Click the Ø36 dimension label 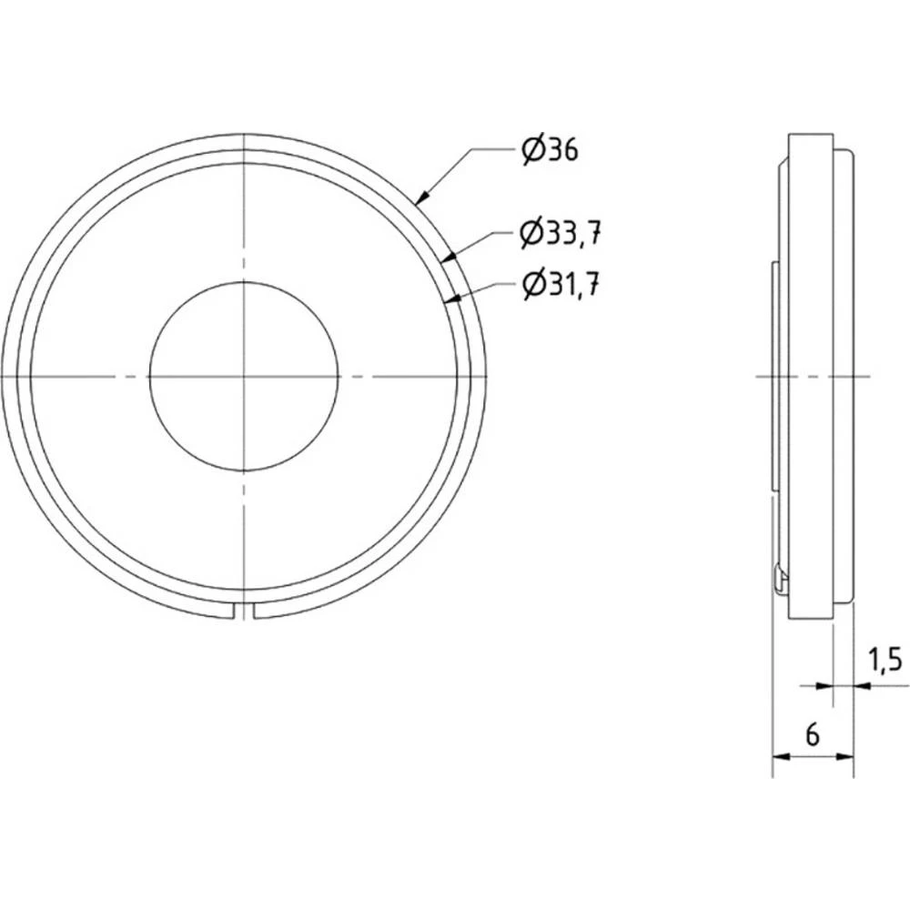click(x=551, y=150)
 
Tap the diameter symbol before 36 click(x=533, y=150)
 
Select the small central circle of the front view click(x=244, y=376)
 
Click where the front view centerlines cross click(x=244, y=376)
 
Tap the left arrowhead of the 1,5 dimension click(x=828, y=685)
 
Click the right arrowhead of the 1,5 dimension click(x=859, y=685)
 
